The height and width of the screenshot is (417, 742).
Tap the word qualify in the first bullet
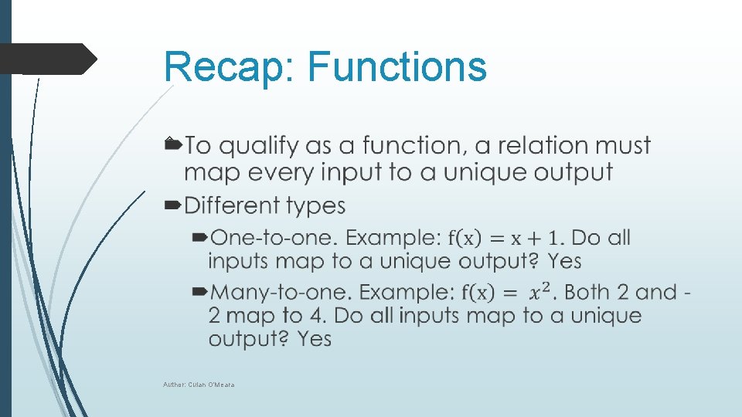[259, 146]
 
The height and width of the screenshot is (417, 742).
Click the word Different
[233, 205]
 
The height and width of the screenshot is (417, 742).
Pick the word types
[315, 207]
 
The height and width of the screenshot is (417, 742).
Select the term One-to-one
[274, 238]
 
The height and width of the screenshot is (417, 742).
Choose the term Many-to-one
[281, 292]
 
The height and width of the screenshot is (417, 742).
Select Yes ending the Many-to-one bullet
[314, 339]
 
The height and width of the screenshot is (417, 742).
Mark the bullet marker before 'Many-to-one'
[199, 292]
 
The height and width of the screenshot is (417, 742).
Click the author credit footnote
[199, 385]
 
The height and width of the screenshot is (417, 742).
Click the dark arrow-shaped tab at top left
[46, 59]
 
